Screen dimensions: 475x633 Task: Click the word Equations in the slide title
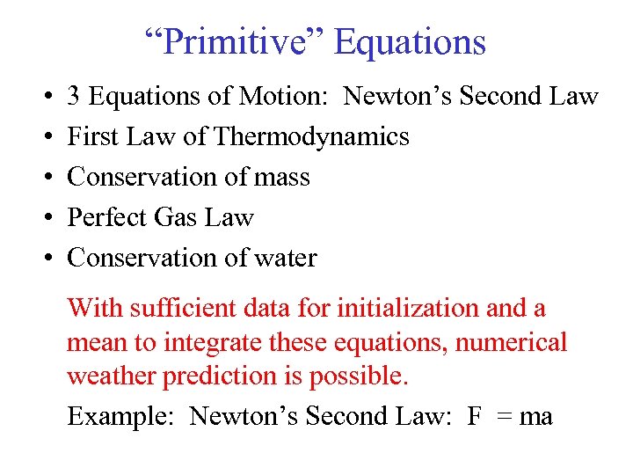coord(411,42)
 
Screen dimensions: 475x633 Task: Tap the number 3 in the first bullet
coord(75,96)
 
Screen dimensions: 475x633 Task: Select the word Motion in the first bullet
coord(280,96)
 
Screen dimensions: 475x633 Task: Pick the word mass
coord(282,177)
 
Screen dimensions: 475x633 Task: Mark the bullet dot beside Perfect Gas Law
coord(44,218)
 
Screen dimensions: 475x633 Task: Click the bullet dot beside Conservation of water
coord(44,259)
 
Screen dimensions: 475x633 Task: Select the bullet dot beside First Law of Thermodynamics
coord(44,137)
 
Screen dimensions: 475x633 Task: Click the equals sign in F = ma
coord(504,416)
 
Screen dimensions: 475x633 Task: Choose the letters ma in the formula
coord(536,416)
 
